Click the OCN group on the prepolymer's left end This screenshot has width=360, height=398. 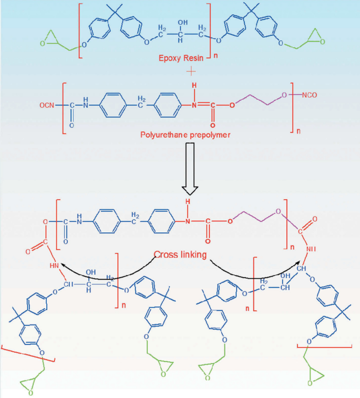pyautogui.click(x=47, y=105)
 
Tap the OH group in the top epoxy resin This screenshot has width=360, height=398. pyautogui.click(x=183, y=23)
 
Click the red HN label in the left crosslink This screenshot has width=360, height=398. pyautogui.click(x=54, y=266)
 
